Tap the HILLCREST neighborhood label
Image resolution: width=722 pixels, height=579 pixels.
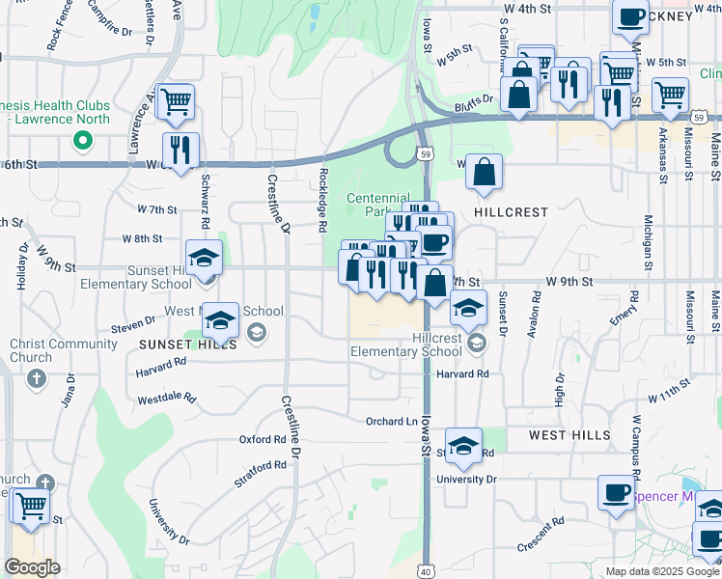pyautogui.click(x=512, y=211)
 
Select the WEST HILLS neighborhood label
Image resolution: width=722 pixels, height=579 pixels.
pyautogui.click(x=569, y=435)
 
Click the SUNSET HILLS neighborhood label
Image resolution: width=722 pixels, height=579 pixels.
pyautogui.click(x=179, y=345)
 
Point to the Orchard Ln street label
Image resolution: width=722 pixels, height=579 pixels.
pyautogui.click(x=392, y=421)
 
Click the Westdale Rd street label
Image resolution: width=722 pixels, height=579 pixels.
pyautogui.click(x=167, y=398)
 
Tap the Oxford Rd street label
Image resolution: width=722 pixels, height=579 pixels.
pyautogui.click(x=263, y=439)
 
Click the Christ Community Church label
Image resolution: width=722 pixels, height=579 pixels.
pyautogui.click(x=50, y=351)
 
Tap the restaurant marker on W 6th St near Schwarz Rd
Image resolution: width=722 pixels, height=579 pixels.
pyautogui.click(x=180, y=150)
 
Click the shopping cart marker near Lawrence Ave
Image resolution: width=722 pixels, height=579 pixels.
pyautogui.click(x=175, y=100)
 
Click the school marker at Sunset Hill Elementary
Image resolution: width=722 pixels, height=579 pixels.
pyautogui.click(x=204, y=258)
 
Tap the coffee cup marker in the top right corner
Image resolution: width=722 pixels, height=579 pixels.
pyautogui.click(x=630, y=16)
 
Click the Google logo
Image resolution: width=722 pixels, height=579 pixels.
pyautogui.click(x=33, y=567)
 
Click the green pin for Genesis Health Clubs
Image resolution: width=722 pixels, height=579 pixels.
pyautogui.click(x=83, y=141)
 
